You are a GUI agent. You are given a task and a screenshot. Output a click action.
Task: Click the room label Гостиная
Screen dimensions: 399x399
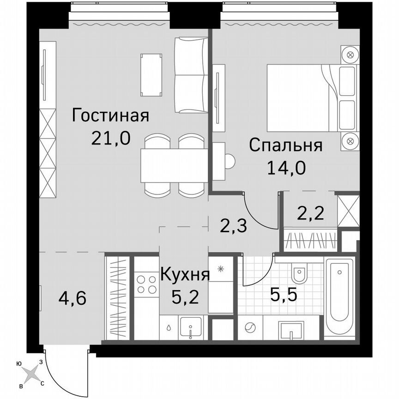pos(110,115)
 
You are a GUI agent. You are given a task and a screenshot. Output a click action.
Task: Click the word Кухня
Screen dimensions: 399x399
pos(185,275)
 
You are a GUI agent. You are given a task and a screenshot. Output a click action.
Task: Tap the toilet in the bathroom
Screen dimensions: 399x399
pos(299,275)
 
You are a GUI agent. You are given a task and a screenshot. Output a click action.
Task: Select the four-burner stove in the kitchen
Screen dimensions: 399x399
pos(146,284)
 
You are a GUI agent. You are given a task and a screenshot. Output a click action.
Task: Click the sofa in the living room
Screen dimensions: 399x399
pos(191,75)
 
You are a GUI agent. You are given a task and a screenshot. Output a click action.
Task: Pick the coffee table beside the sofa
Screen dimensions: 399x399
pos(151,74)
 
